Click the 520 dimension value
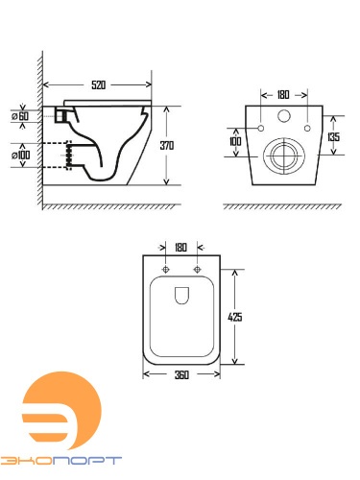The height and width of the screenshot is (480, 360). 98,85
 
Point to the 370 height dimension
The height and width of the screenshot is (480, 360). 167,146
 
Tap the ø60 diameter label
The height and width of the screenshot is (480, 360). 20,116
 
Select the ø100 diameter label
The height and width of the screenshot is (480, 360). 21,156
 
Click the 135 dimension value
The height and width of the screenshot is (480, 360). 333,137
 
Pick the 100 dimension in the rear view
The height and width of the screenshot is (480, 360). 235,141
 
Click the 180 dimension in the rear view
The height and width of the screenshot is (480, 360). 283,95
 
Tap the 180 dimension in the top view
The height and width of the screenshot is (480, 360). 180,248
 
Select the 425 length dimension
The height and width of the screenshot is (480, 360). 235,317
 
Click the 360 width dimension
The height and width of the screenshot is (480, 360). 181,374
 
